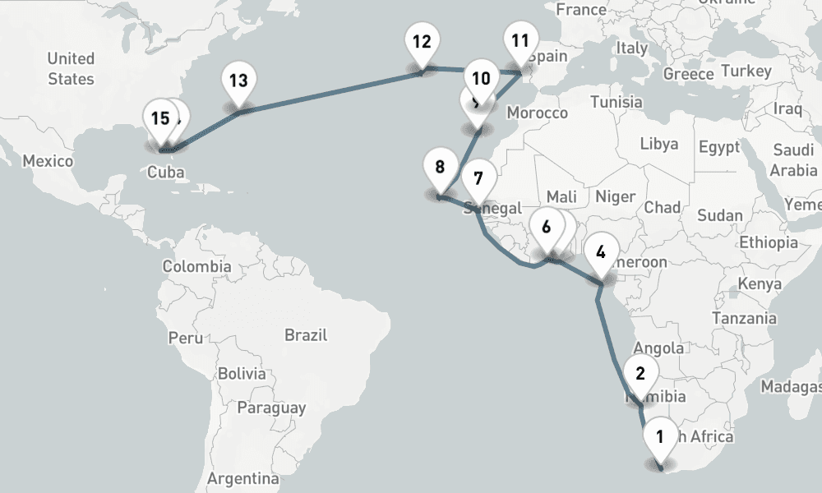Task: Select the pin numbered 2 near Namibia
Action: tap(640, 374)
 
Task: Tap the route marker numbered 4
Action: tap(601, 251)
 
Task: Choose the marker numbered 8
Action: tap(440, 168)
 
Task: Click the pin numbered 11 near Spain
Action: tap(520, 41)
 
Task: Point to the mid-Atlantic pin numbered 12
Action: tap(422, 42)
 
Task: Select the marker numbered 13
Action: tap(238, 81)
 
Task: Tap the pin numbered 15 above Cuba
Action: tap(160, 118)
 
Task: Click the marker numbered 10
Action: tap(482, 79)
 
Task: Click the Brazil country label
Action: tap(306, 335)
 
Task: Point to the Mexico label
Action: tap(48, 161)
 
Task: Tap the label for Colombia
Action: tap(196, 267)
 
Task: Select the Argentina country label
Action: tap(242, 478)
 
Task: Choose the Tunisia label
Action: tap(616, 103)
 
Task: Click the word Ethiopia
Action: tap(769, 242)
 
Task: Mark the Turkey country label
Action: tap(746, 71)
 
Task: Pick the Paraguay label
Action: tap(271, 408)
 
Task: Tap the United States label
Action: tap(71, 69)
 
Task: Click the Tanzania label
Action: tap(744, 318)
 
